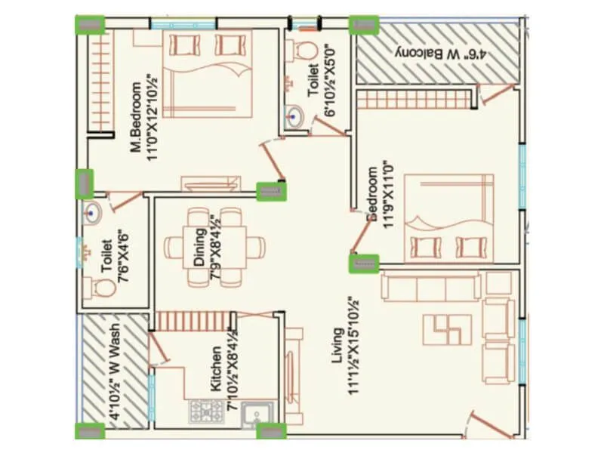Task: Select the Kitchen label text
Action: coord(217,369)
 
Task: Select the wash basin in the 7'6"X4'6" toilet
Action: coord(92,213)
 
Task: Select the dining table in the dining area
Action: coord(214,246)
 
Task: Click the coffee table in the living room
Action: coord(446,327)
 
